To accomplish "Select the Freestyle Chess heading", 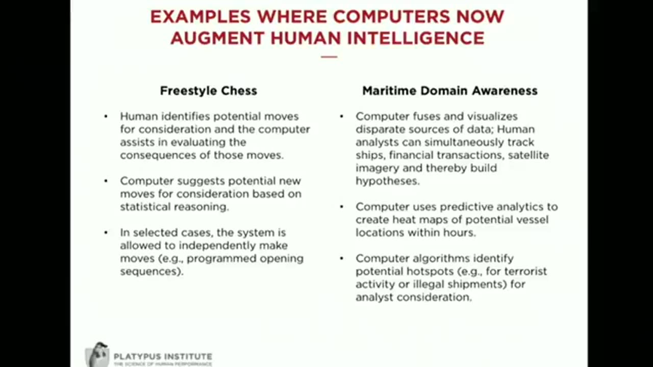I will pos(208,91).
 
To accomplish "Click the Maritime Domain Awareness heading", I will pos(449,91).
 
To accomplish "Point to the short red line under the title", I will pos(329,57).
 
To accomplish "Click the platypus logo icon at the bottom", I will pos(97,354).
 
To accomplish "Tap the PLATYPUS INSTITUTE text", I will pos(163,357).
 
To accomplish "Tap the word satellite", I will pos(529,155).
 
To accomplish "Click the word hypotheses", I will pos(387,181).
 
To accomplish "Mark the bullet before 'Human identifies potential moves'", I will pos(106,116).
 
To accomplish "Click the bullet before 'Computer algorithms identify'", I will pos(341,258).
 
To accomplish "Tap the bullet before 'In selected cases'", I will pos(106,232).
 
